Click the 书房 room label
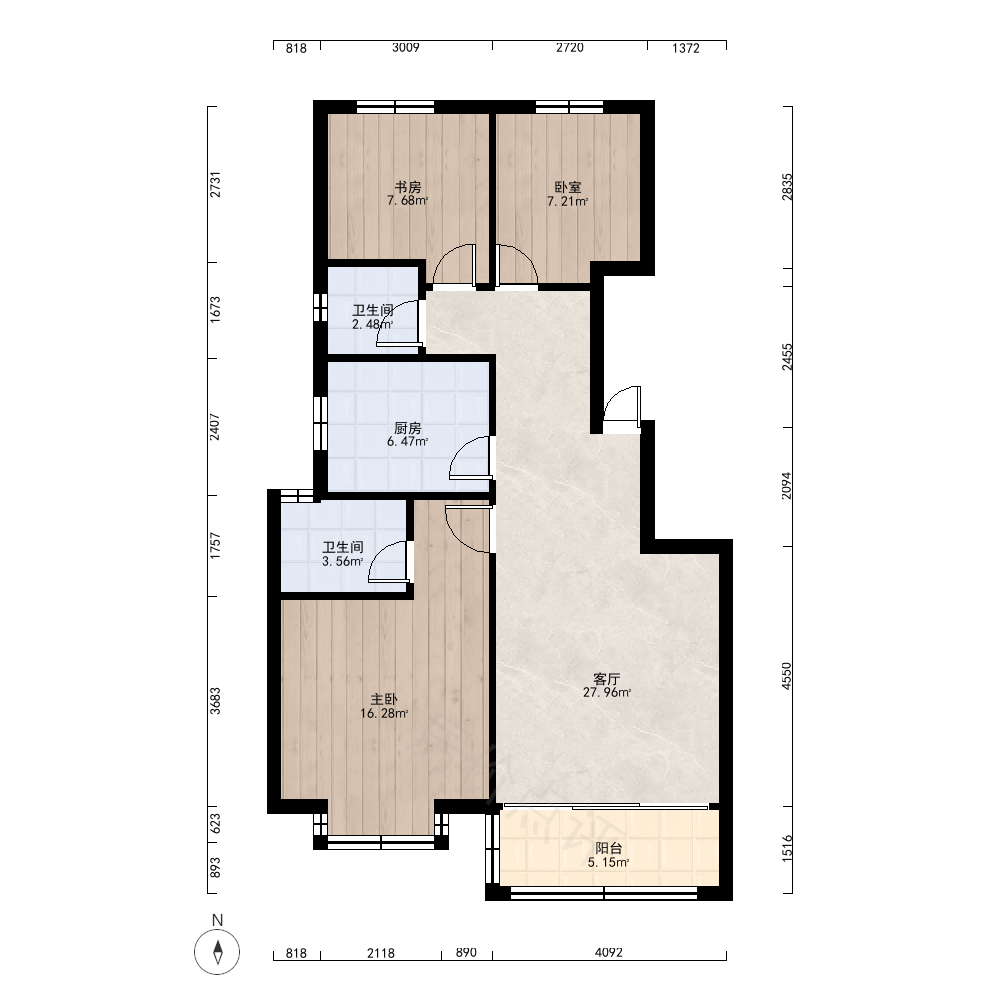408,187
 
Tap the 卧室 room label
568,188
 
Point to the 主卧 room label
384,700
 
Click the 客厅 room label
607,679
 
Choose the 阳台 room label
608,848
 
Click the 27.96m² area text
607,693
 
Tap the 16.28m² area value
384,714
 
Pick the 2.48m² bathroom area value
372,324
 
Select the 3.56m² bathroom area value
342,561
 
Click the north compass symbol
217,952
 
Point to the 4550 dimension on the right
787,676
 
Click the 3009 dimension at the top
406,47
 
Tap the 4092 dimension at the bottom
608,952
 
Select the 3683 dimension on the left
216,700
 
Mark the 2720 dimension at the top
570,47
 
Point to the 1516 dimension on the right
787,848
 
